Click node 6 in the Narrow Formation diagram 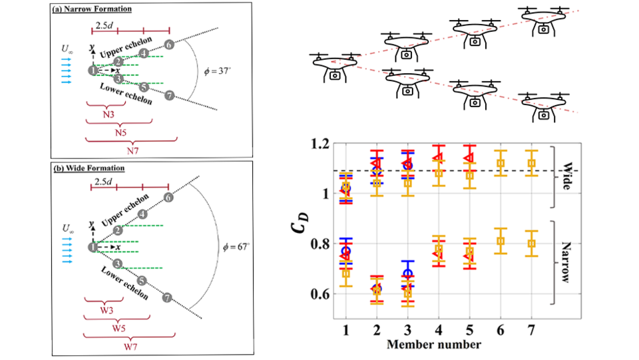(169, 45)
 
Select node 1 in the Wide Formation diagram (93, 247)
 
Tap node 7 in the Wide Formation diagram (166, 297)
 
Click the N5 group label (120, 133)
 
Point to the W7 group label (130, 347)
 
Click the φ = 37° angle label (217, 71)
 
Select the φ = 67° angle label (236, 247)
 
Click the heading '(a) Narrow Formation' (92, 9)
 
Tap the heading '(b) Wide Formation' (89, 168)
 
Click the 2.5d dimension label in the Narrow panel (104, 25)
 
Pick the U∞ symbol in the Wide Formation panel (68, 228)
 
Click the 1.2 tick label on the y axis (320, 144)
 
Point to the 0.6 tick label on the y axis (320, 294)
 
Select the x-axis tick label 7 (531, 330)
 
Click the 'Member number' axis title (433, 345)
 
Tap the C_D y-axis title (300, 223)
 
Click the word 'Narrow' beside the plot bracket (566, 262)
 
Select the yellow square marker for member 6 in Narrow (501, 241)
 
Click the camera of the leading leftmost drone (335, 76)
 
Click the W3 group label (106, 310)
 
